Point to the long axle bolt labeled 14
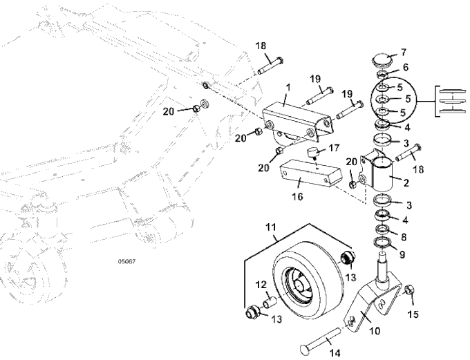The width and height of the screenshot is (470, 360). coord(320,340)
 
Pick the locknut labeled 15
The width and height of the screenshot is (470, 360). coord(409,290)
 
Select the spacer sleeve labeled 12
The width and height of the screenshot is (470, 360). coord(270,301)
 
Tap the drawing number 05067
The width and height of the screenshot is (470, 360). coord(126,261)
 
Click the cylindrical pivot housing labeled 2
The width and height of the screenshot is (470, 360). coord(382,174)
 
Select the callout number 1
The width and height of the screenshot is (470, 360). coord(288,88)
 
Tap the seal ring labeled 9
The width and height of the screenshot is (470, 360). coord(381,243)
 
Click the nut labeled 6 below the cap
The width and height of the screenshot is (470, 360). coord(382,75)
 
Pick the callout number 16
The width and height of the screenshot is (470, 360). coord(298,196)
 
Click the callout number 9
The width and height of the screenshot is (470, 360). coord(402,254)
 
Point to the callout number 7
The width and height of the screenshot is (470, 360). coord(404,52)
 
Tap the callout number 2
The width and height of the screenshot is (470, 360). coord(406,182)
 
